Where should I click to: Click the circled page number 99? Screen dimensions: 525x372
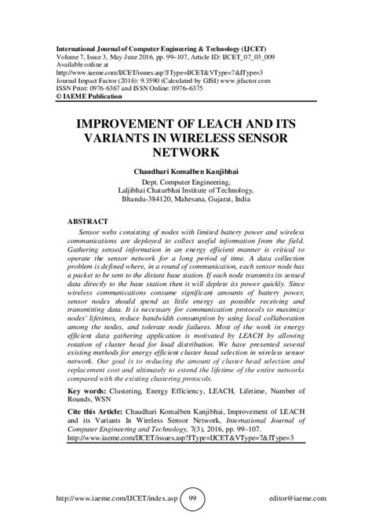click(x=191, y=499)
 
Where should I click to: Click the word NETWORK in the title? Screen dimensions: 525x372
click(x=185, y=154)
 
